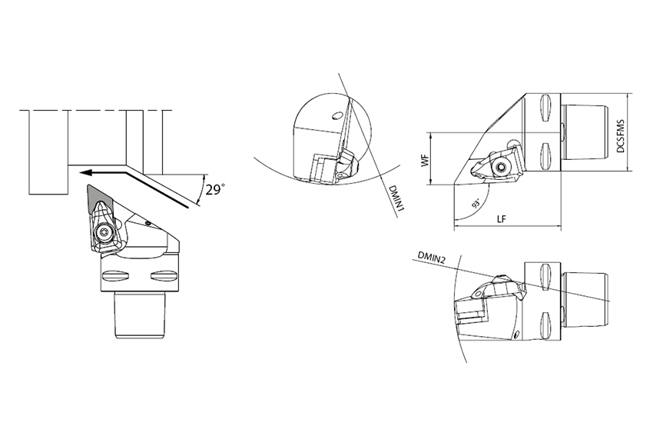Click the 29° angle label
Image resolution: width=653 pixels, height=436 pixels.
pos(215,190)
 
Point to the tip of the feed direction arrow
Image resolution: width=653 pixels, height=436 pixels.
pos(81,171)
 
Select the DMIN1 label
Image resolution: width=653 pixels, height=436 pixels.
pos(396,198)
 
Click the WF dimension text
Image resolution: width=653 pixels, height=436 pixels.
pos(425,161)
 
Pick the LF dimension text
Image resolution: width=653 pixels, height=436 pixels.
pos(502,219)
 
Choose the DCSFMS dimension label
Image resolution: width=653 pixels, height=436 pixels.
pos(621,136)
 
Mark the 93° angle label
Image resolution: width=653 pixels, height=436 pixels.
pos(476,205)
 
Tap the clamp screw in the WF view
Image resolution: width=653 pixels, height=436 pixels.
pos(502,168)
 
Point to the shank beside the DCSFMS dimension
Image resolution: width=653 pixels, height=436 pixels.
pos(585,132)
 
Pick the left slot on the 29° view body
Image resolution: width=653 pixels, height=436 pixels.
pos(116,275)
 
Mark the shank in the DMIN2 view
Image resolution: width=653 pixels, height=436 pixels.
pos(585,300)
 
